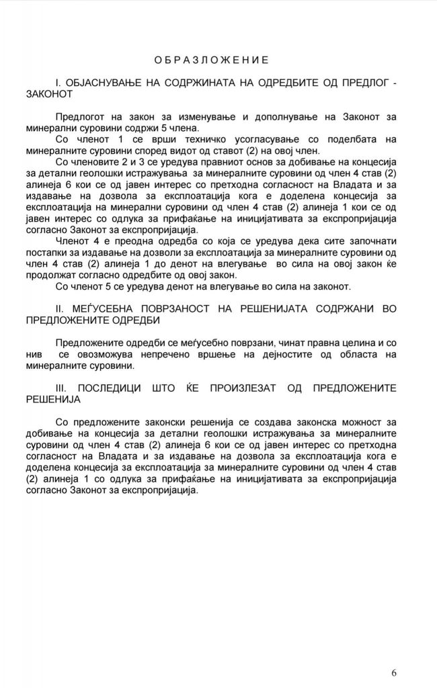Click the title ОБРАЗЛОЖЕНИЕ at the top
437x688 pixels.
(x=212, y=60)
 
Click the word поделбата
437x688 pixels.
(x=341, y=140)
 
